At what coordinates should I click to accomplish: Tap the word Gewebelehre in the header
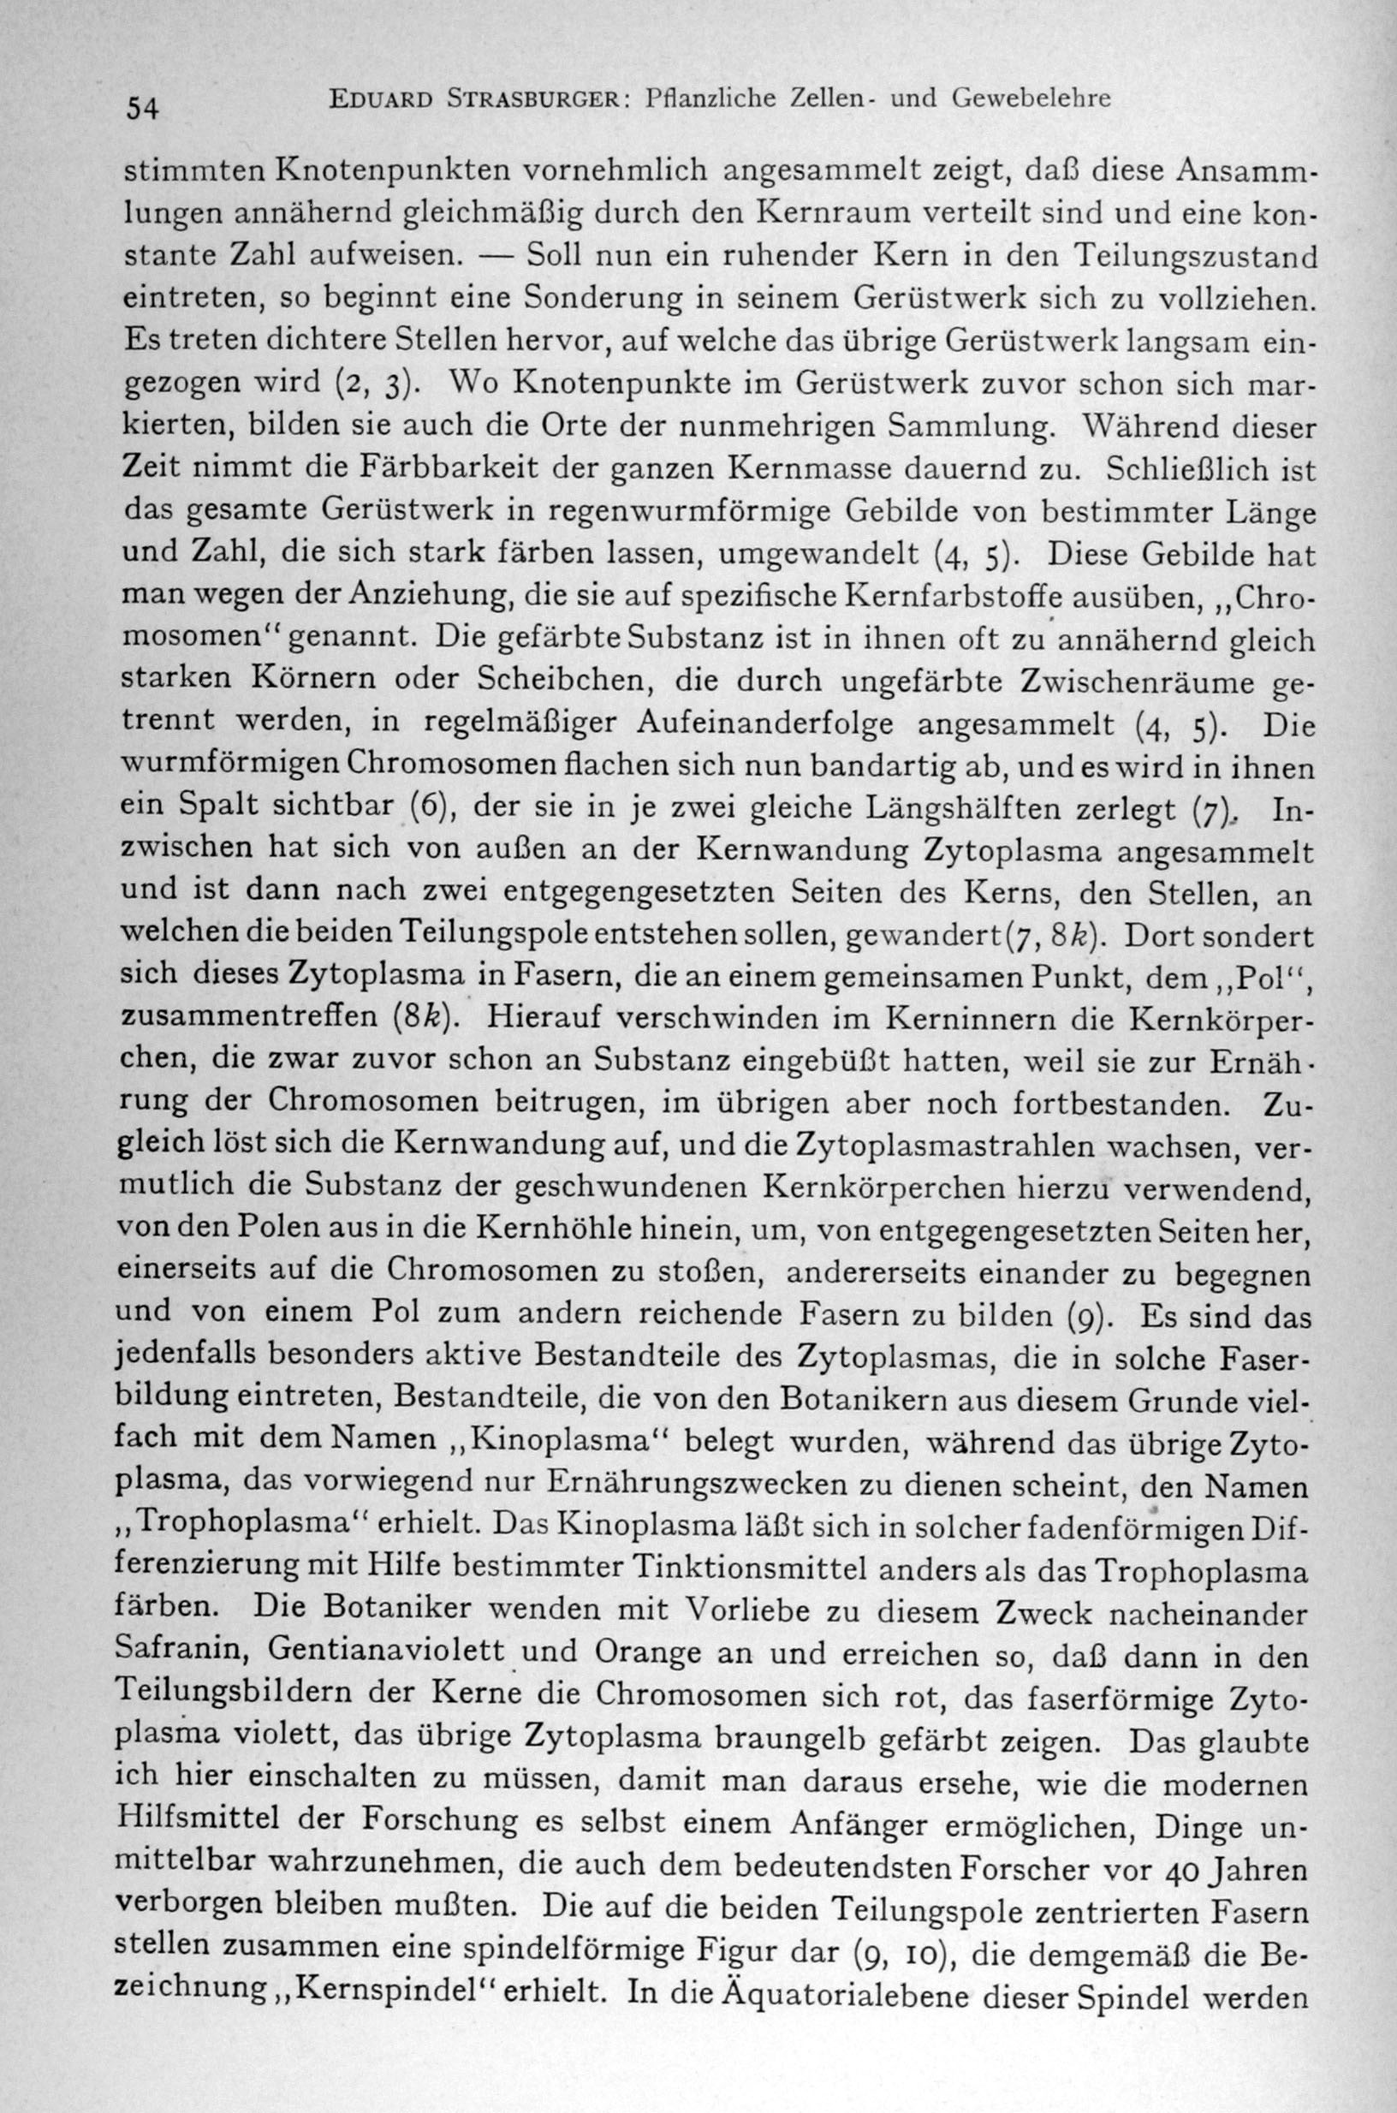click(x=1031, y=98)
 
